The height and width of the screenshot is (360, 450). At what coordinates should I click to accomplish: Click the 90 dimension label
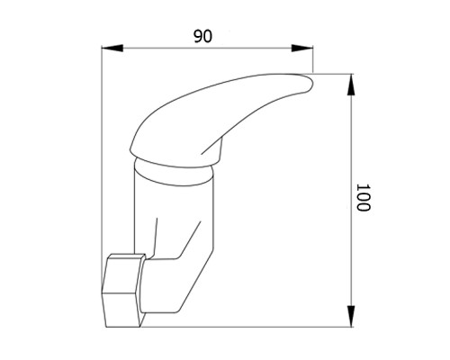202,36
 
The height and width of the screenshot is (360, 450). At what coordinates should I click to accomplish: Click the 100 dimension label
364,197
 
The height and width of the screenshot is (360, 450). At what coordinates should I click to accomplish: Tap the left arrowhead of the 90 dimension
112,48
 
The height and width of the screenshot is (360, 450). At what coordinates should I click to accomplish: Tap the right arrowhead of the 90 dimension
302,48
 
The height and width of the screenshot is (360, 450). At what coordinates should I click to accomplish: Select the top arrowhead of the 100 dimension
351,85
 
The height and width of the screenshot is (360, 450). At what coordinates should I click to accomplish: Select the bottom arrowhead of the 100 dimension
351,316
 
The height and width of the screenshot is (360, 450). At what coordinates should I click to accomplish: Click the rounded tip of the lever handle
308,83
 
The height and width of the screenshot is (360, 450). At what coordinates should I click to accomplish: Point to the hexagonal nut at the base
123,291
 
